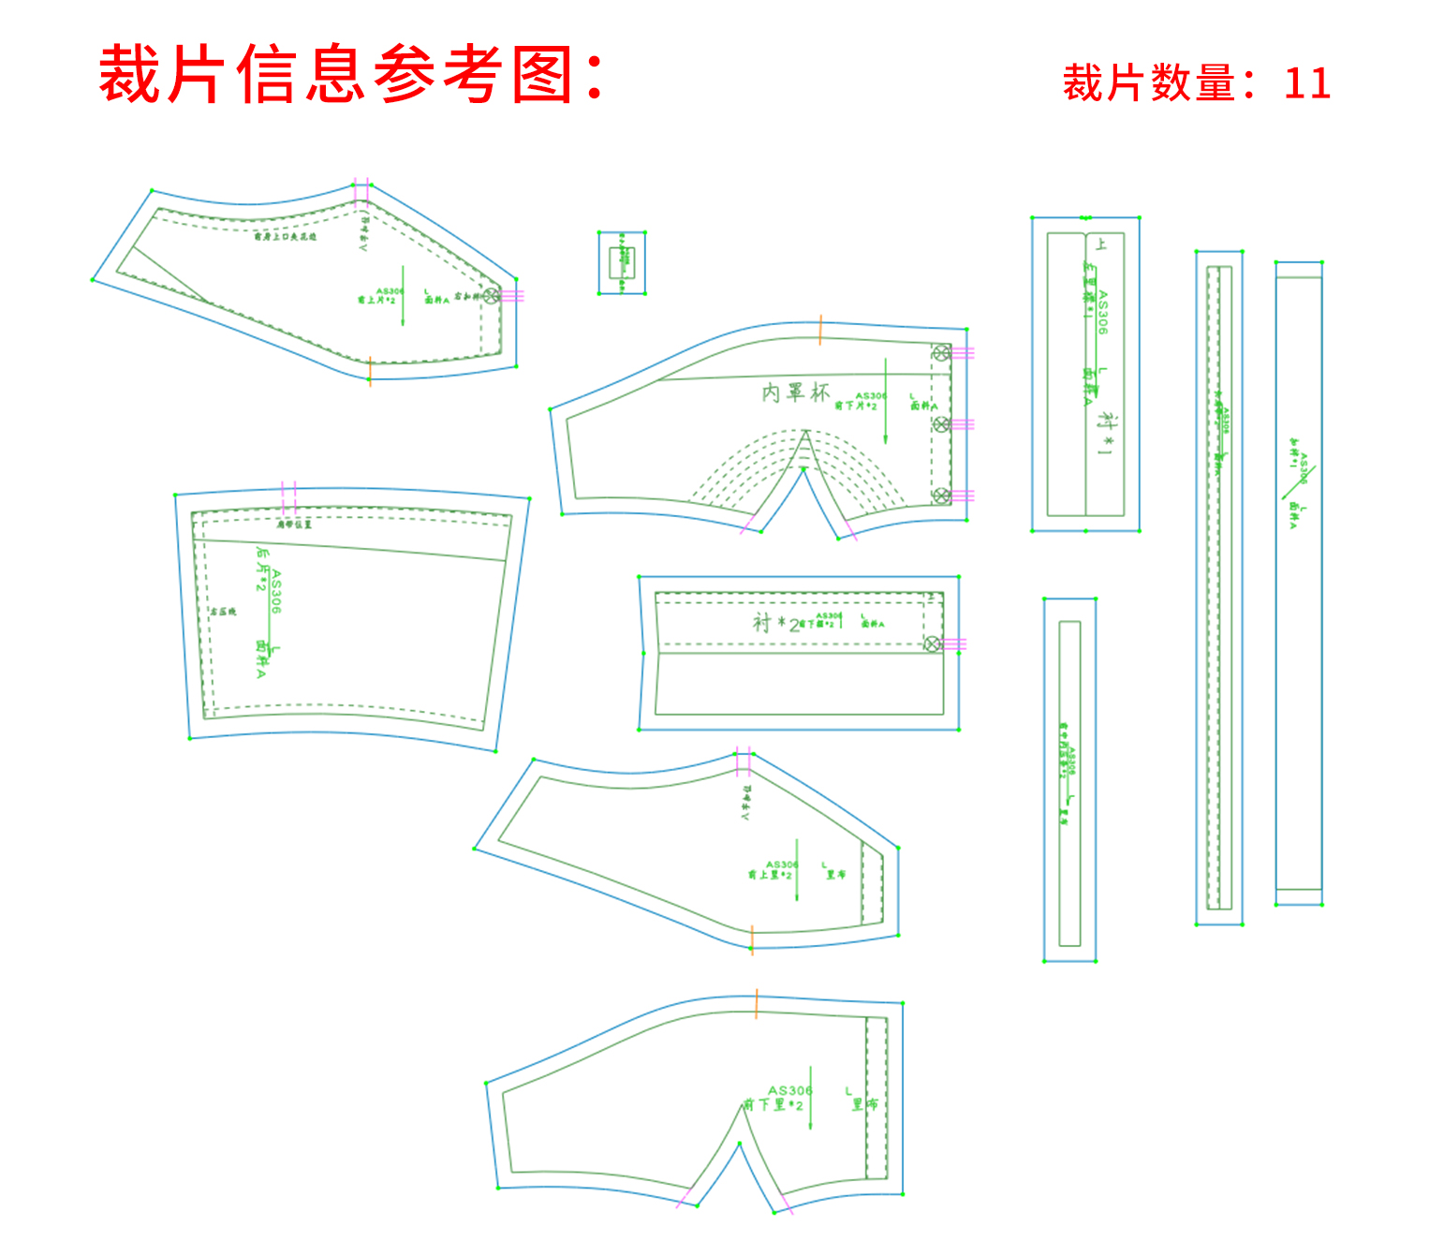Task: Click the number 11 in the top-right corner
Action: (x=1307, y=83)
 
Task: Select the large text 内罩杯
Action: (x=795, y=392)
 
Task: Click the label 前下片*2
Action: (x=856, y=406)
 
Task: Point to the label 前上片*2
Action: (x=376, y=300)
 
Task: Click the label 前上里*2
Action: (x=769, y=875)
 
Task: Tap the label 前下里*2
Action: (x=773, y=1105)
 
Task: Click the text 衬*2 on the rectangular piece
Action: (x=776, y=623)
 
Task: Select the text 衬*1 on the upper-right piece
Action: (x=1108, y=433)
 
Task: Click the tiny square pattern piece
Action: (x=622, y=262)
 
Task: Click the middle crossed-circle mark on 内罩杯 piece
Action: (x=941, y=424)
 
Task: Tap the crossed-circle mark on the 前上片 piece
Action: (x=491, y=296)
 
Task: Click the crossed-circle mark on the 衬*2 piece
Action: (x=932, y=643)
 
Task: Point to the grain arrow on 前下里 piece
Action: (x=811, y=1098)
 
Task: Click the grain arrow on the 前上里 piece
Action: (x=797, y=869)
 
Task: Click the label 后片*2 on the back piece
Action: (x=262, y=569)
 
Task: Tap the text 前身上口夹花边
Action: (x=286, y=237)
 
